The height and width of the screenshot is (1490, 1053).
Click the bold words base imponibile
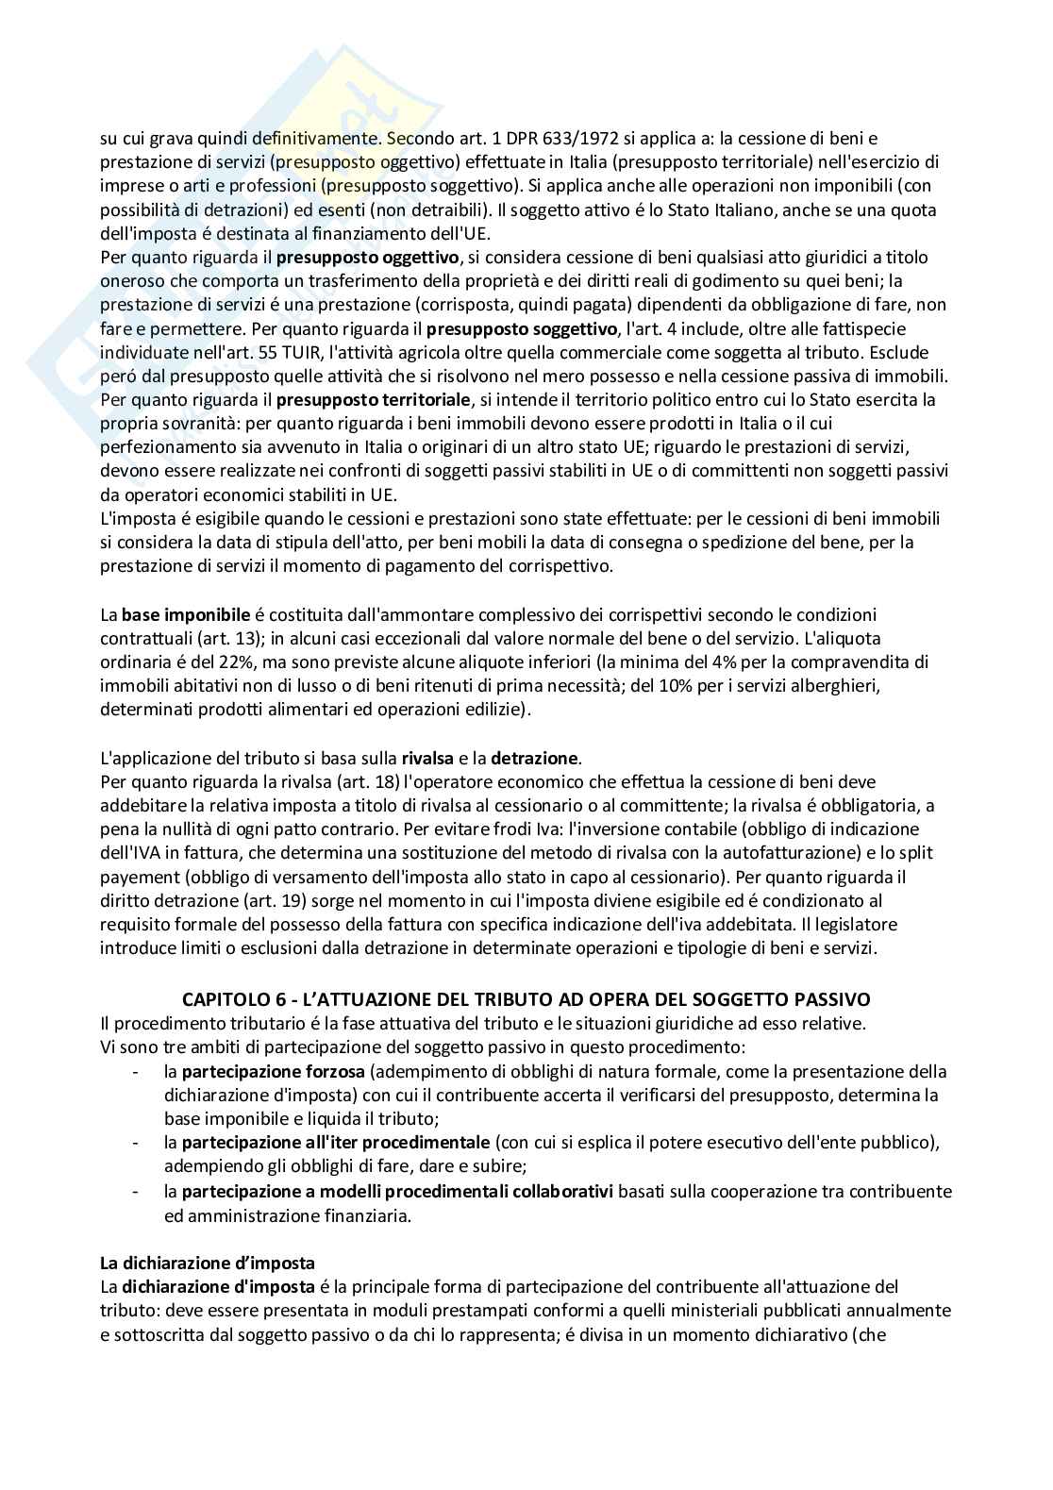(172, 614)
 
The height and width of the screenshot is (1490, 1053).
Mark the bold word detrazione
(535, 757)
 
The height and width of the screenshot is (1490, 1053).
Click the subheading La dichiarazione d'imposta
(208, 1263)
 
